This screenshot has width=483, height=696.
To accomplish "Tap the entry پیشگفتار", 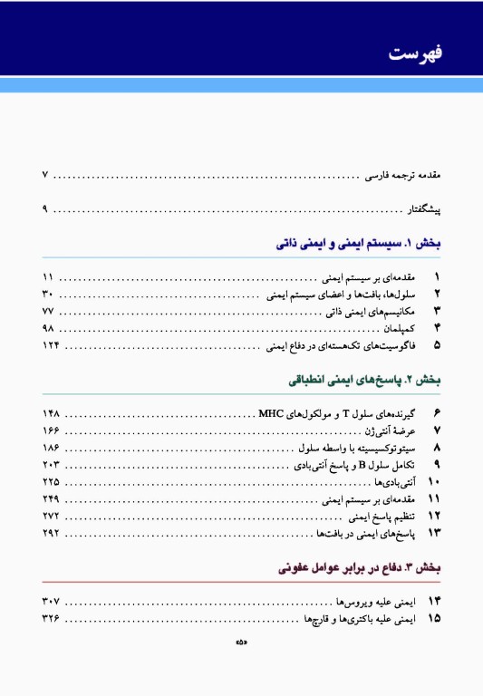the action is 422,210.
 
